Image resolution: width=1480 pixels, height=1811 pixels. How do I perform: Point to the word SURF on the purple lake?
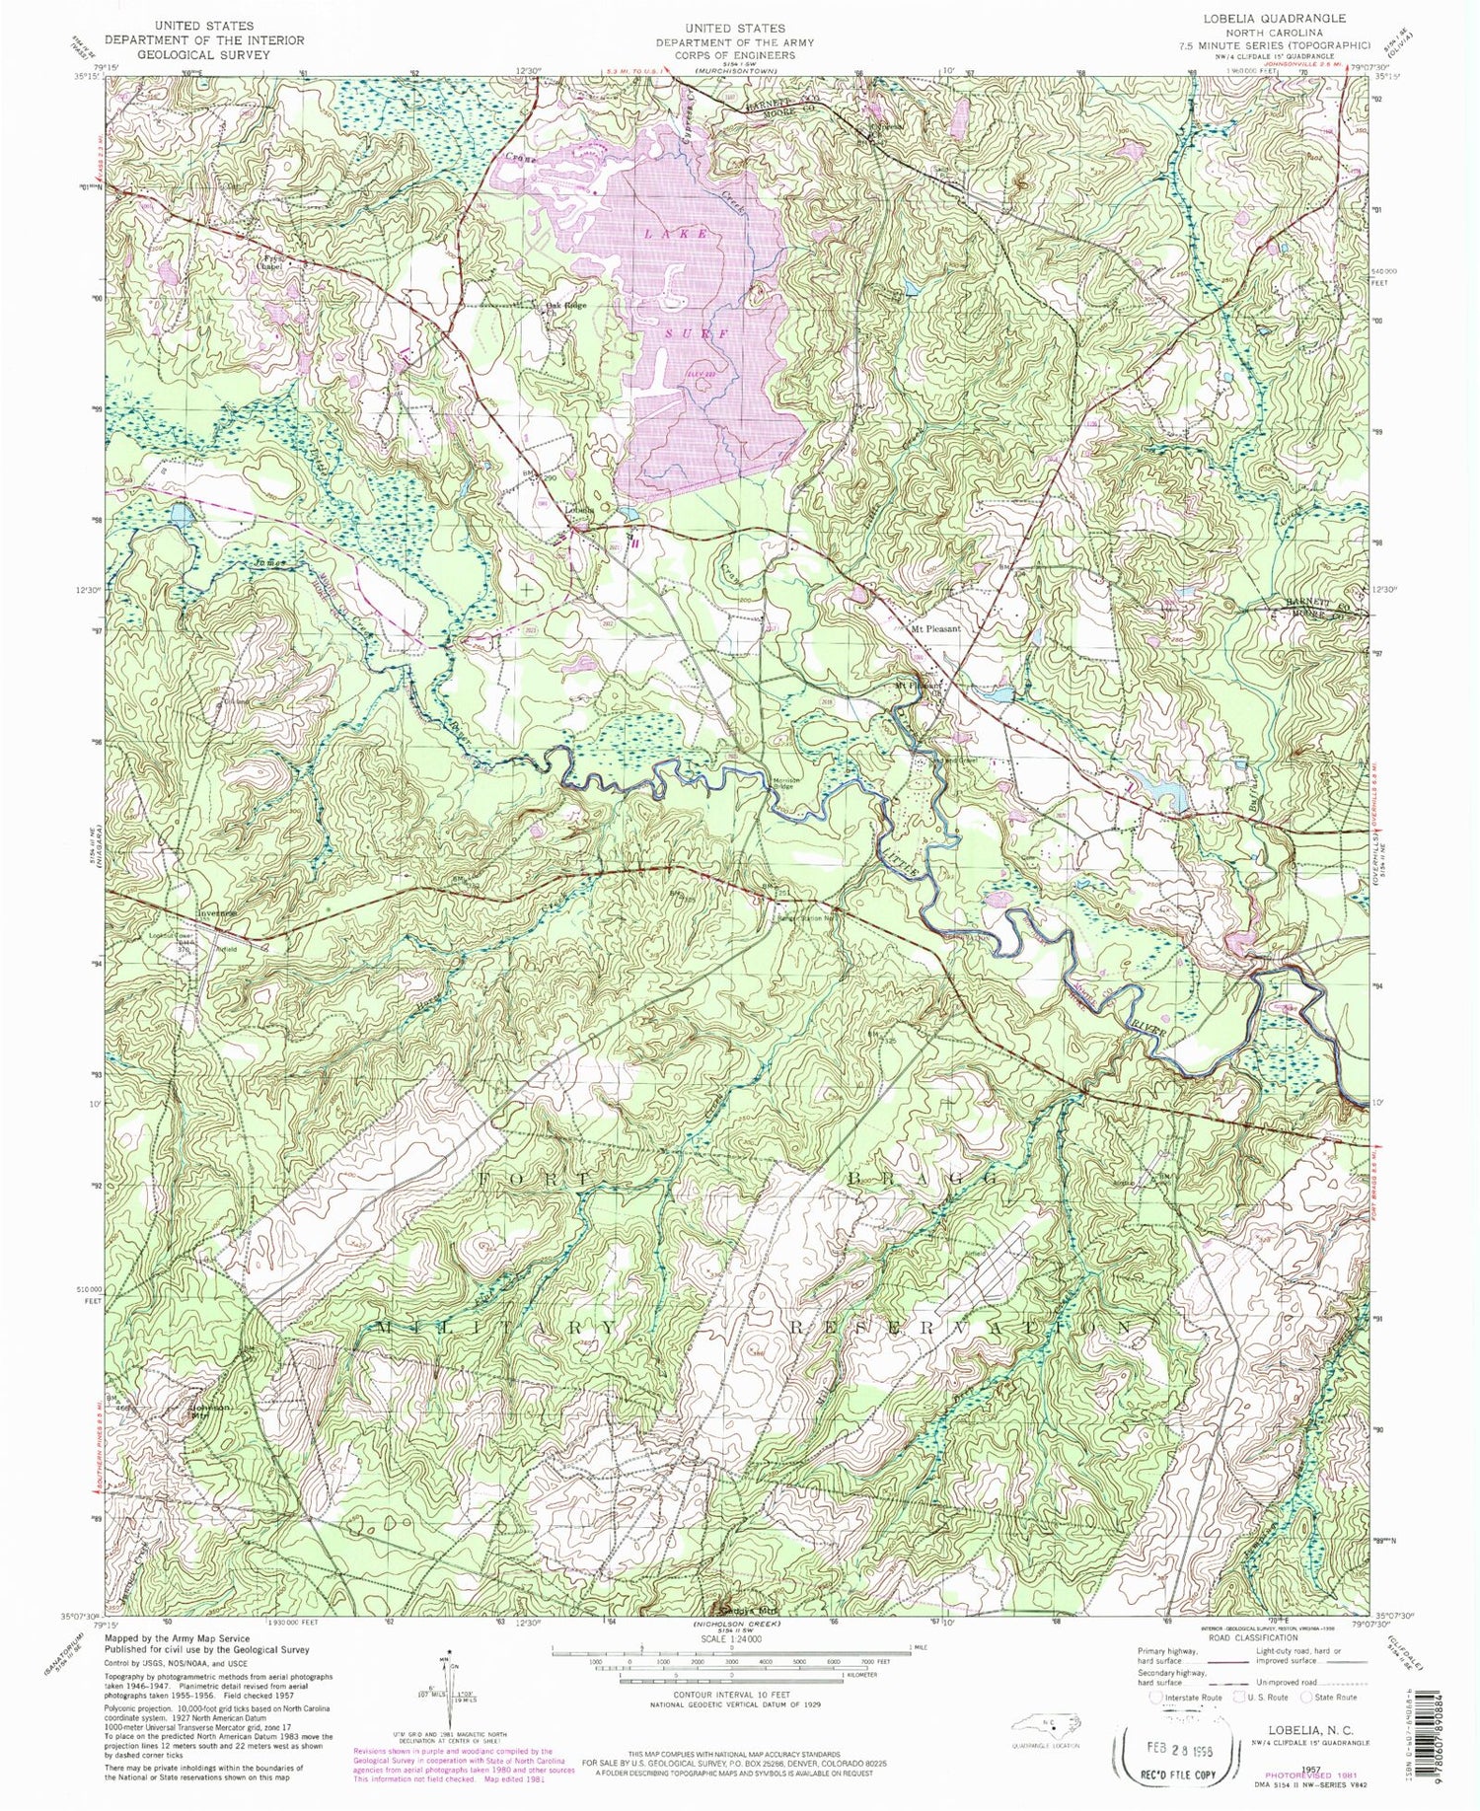pos(699,333)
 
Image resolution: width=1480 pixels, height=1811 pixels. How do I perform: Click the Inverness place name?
pos(213,914)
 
